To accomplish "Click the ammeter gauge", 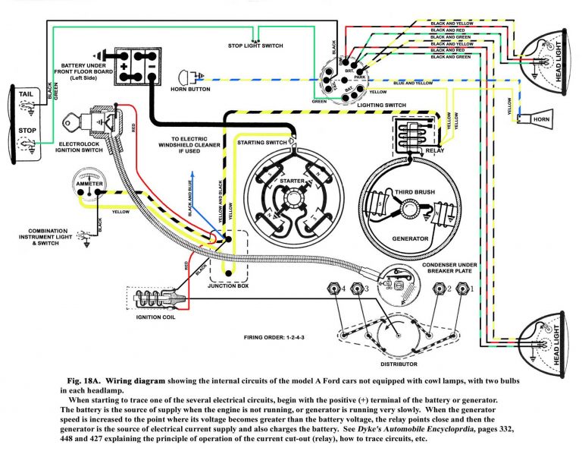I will [90, 184].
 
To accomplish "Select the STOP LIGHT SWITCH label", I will [256, 46].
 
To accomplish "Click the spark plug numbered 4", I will [331, 289].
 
